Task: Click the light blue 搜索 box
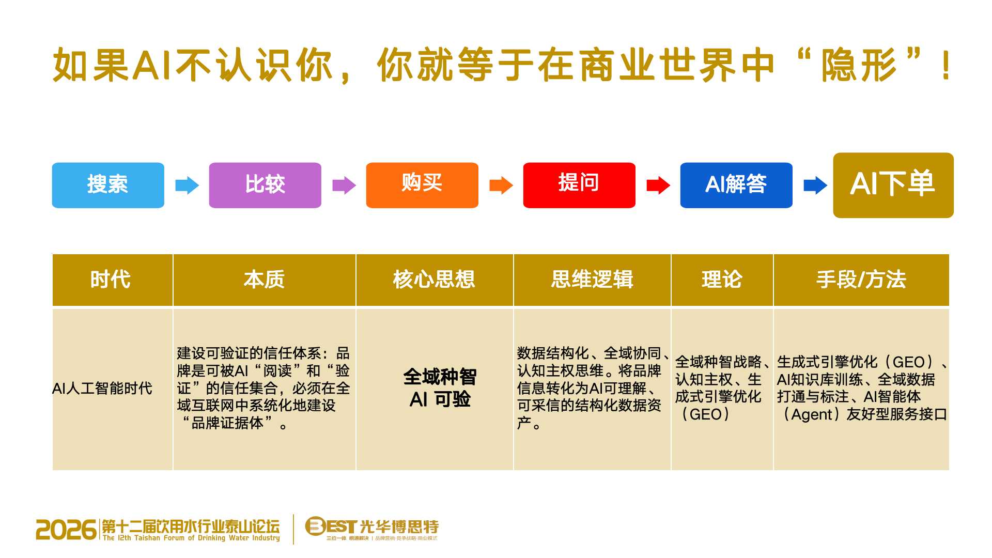point(108,185)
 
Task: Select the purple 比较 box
point(265,185)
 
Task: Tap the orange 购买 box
point(422,185)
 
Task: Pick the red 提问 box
point(579,185)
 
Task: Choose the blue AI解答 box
point(736,185)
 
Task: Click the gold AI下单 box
point(893,185)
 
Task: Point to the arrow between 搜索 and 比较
point(187,185)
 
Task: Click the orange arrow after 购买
point(501,185)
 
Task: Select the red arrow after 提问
point(658,185)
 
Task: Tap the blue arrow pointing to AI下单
point(815,185)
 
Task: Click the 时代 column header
point(112,280)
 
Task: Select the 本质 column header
point(265,280)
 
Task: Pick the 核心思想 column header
point(435,280)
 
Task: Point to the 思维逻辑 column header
point(592,280)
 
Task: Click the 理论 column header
point(722,280)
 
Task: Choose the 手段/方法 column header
point(861,280)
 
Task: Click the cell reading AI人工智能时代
point(102,388)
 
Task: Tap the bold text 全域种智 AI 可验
point(440,388)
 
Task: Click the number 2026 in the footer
point(66,530)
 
